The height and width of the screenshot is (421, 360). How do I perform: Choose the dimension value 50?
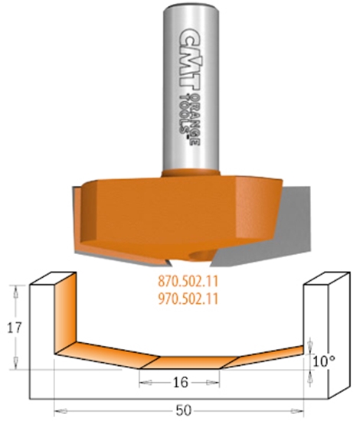(181, 410)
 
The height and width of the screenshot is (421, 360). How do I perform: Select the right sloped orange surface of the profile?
(268, 354)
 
